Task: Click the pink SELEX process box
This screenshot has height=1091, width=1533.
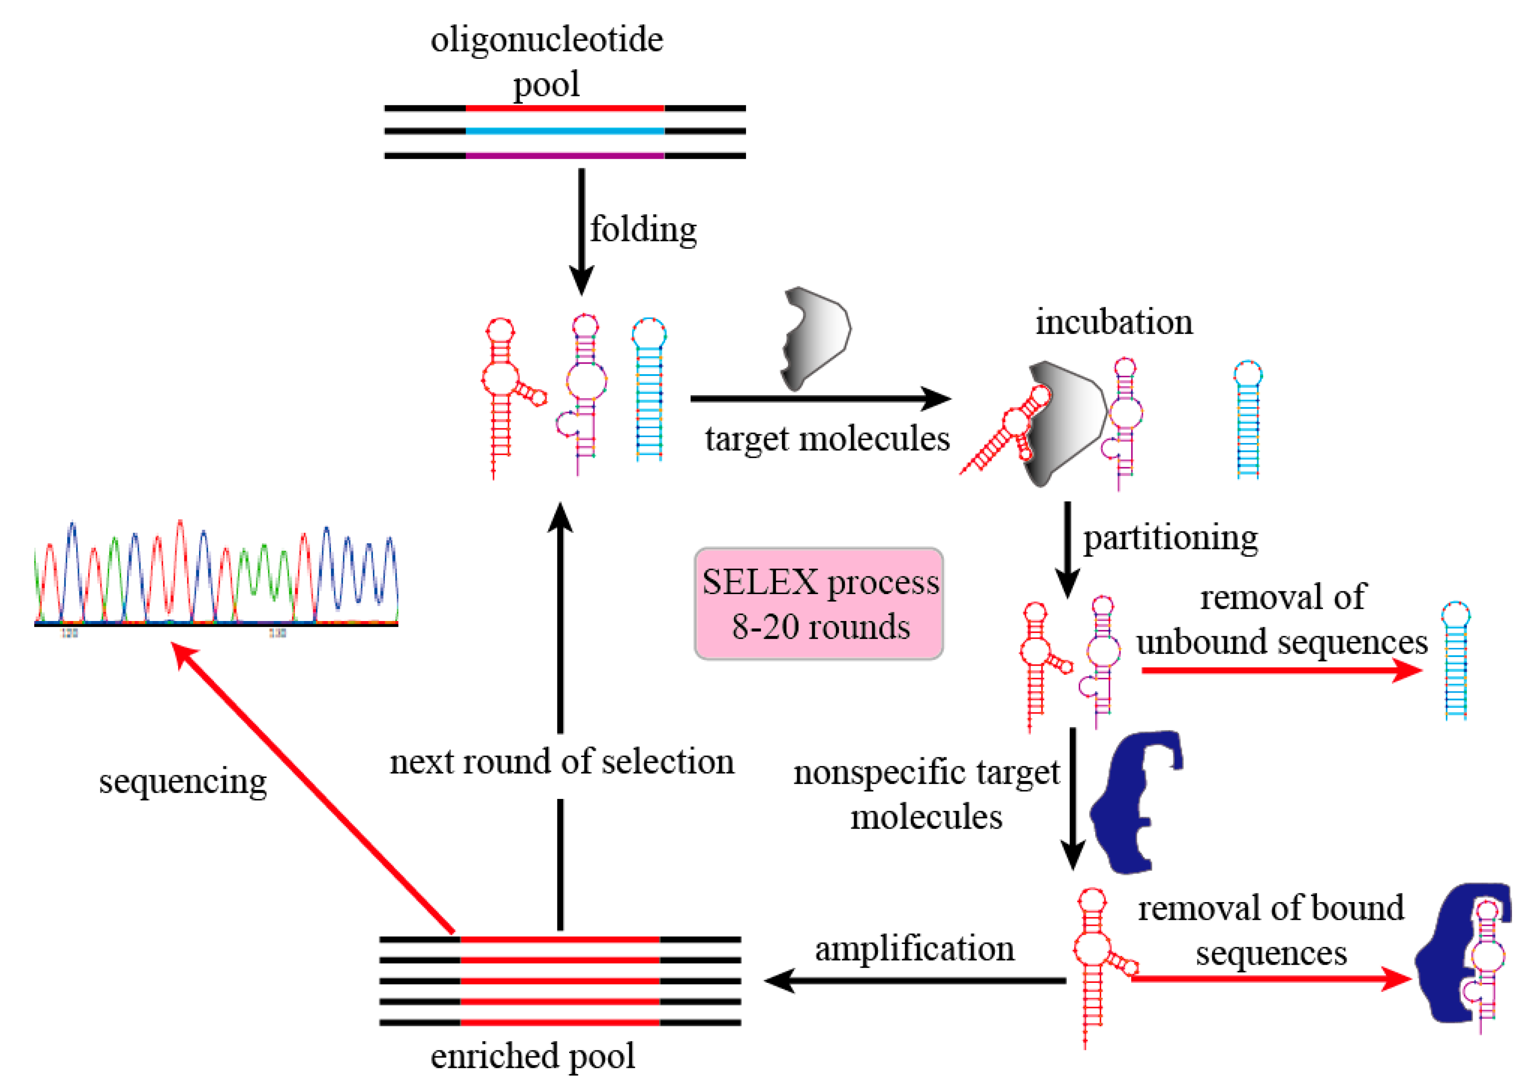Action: pos(818,603)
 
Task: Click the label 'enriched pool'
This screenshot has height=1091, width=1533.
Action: pos(532,1055)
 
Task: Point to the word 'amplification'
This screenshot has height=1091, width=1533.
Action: pos(914,949)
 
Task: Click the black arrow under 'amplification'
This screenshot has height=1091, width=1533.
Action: pos(914,981)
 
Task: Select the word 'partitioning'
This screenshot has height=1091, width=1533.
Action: pos(1170,538)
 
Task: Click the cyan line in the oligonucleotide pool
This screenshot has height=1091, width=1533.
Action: pos(565,131)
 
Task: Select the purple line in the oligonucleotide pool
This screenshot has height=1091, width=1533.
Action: pos(565,155)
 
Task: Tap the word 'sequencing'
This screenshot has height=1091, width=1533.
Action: pos(183,781)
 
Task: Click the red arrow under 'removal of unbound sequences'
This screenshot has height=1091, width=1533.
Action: pos(1280,670)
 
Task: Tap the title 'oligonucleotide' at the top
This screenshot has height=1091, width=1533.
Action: pos(546,39)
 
